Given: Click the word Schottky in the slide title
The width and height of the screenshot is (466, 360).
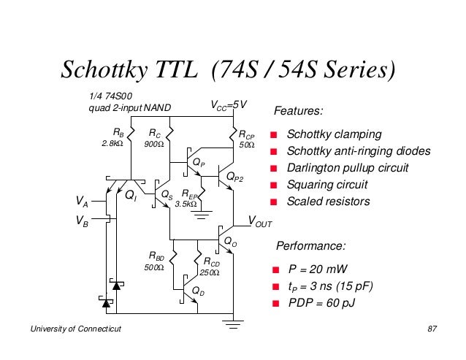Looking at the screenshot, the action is tap(104, 70).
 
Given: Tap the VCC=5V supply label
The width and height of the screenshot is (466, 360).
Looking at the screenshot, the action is tap(229, 105).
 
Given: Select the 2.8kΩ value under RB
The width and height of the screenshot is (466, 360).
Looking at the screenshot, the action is tap(112, 143).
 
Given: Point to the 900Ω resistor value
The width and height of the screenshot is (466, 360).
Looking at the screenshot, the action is tap(154, 144).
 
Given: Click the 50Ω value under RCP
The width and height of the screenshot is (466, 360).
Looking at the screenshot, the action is tap(247, 145).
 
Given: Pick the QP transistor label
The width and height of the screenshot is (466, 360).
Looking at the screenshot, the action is tap(199, 163).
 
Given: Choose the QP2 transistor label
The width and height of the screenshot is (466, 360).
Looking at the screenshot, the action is tap(234, 177).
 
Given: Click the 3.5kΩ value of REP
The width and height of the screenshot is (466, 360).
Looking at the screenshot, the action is tap(186, 204).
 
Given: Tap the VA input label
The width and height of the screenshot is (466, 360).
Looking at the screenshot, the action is tap(82, 201).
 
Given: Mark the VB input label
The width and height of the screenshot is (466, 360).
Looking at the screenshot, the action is tap(82, 221).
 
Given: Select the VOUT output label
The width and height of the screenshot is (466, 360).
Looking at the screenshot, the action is tap(260, 221).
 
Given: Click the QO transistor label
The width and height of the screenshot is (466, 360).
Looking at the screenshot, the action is tap(231, 242).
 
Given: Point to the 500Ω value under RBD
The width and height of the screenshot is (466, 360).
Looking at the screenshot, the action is tap(154, 267).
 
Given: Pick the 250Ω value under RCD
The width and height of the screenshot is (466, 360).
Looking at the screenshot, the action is tap(210, 272).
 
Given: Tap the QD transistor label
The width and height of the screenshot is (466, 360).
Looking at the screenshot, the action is tap(198, 291).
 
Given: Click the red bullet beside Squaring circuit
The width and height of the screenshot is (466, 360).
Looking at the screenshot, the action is tap(274, 185).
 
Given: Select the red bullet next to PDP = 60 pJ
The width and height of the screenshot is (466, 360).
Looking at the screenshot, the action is tap(276, 303).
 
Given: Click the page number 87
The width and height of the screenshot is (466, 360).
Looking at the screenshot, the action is tap(432, 329).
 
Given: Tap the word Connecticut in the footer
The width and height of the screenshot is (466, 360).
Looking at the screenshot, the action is tap(99, 329).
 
